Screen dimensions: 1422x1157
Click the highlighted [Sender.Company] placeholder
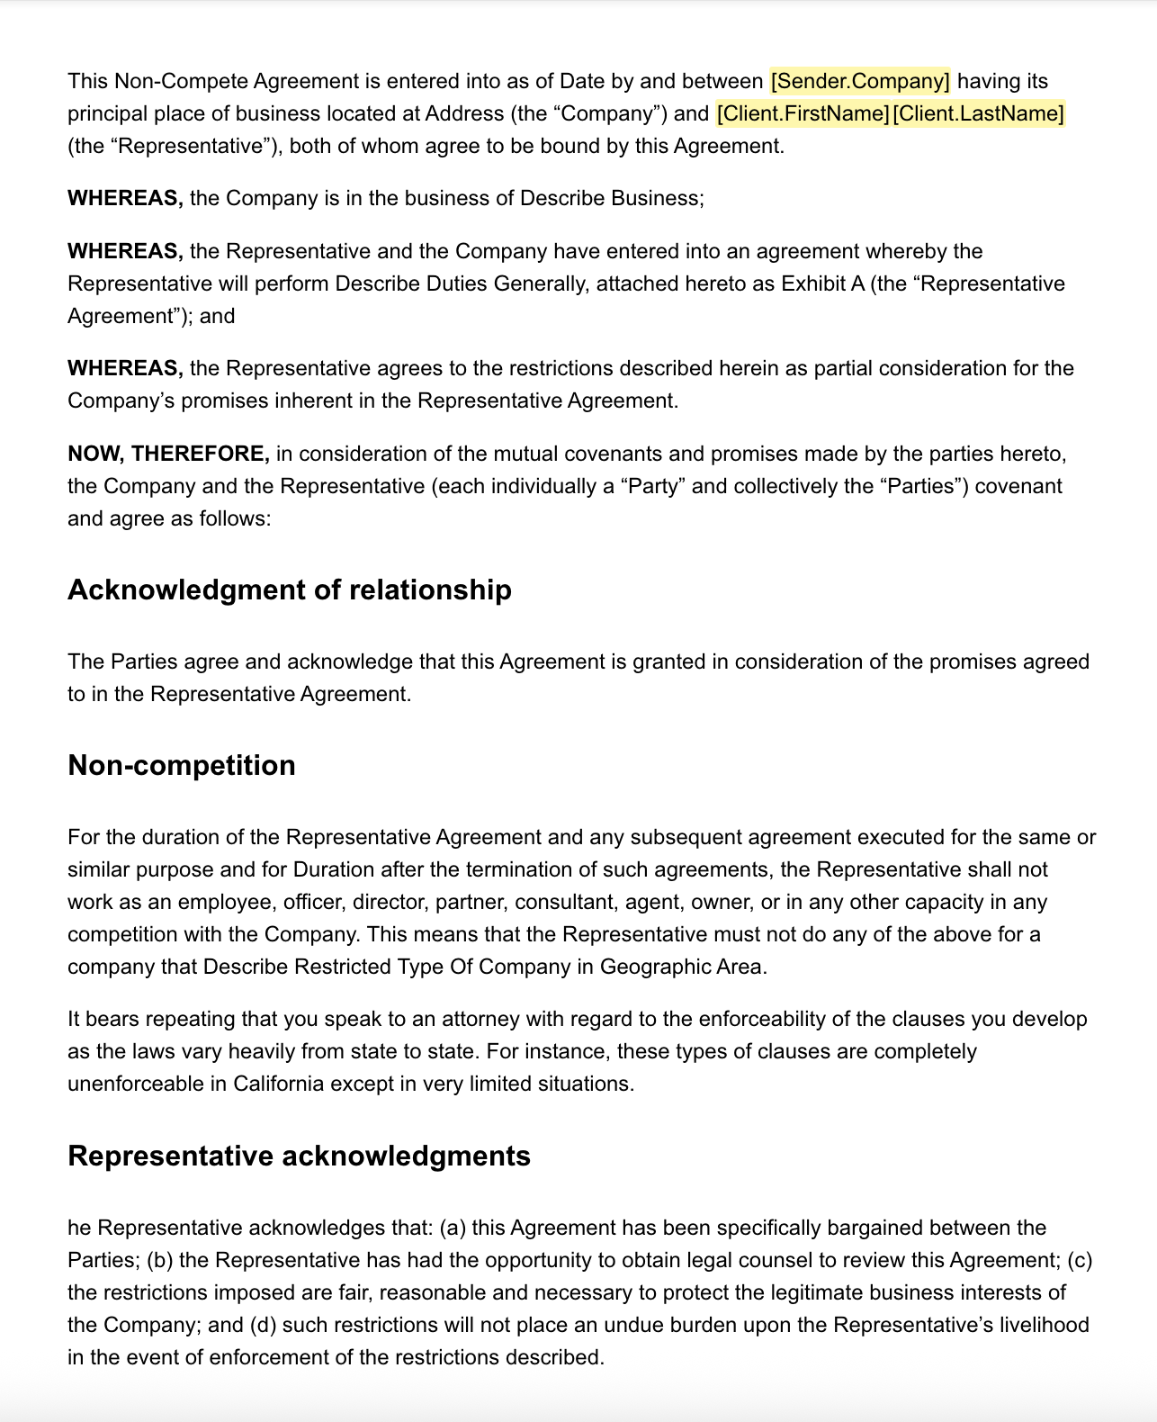(860, 81)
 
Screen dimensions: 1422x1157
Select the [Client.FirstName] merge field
(803, 113)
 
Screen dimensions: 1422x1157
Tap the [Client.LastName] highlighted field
(978, 113)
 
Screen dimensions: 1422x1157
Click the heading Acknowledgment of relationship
(290, 589)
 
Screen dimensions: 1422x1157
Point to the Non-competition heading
(182, 765)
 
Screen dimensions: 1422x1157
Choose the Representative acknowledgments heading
(299, 1156)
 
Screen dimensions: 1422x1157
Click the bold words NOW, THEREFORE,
(168, 454)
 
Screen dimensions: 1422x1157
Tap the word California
(278, 1084)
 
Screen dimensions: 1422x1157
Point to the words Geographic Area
(682, 967)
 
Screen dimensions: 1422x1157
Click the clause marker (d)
(263, 1325)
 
